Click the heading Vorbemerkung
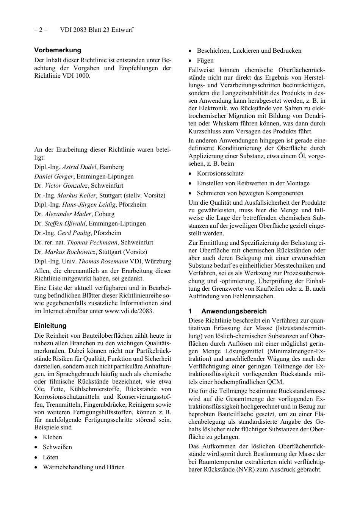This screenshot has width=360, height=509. [x=58, y=50]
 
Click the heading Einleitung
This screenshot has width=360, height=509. [x=50, y=326]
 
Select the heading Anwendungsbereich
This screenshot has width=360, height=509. [x=234, y=311]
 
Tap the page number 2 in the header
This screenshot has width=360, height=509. [x=41, y=30]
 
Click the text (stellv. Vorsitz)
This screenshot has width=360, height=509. [x=144, y=195]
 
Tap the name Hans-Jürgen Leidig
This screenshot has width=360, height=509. [x=88, y=204]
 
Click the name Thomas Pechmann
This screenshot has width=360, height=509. [x=93, y=242]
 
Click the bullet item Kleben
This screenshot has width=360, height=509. [x=52, y=437]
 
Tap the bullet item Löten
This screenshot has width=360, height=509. [x=50, y=457]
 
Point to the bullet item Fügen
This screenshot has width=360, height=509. [x=205, y=60]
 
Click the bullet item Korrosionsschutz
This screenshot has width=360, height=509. [x=220, y=173]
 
